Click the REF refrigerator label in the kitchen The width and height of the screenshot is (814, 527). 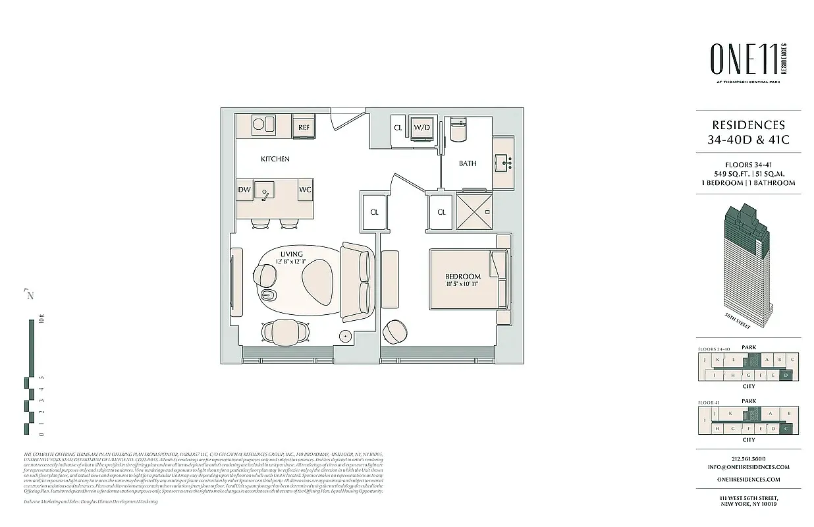(x=304, y=127)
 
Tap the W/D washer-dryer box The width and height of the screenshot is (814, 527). (x=421, y=127)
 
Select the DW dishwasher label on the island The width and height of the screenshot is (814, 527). (x=244, y=190)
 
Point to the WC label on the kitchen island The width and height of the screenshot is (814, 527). (x=305, y=190)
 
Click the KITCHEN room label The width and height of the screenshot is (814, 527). (x=275, y=159)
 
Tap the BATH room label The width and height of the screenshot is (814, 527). (x=468, y=163)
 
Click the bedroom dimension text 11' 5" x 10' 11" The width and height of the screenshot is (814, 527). (x=462, y=285)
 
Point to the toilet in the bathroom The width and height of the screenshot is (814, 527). (x=458, y=128)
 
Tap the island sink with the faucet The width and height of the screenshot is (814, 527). (x=265, y=191)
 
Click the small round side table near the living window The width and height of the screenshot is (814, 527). (x=345, y=335)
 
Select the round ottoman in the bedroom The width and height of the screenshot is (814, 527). (x=396, y=331)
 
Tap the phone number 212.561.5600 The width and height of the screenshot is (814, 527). (x=748, y=459)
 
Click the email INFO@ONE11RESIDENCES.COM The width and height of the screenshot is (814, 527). (x=748, y=467)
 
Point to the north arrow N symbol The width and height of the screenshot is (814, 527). (x=29, y=294)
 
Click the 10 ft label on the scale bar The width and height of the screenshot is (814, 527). (x=41, y=322)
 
